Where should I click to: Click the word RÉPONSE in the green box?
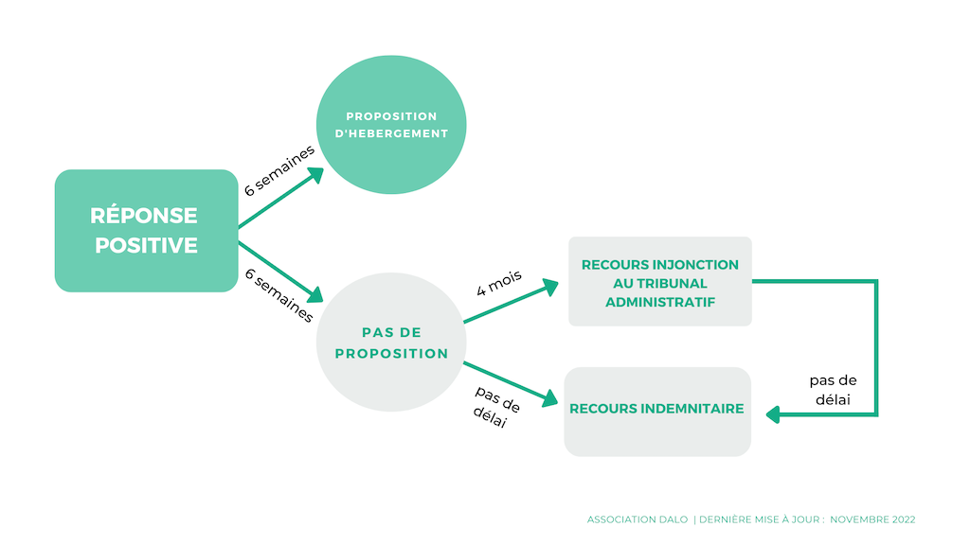[x=144, y=215]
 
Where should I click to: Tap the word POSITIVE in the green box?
[x=146, y=245]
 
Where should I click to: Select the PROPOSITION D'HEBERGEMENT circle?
[x=391, y=125]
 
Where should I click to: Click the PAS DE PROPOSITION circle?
[x=391, y=342]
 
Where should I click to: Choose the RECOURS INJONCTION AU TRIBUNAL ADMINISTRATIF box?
[x=660, y=281]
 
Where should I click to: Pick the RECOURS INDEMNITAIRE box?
[x=657, y=412]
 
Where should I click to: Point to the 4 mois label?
[x=499, y=283]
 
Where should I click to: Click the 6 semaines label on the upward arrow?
[x=279, y=170]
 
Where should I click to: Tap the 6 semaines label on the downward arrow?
[x=279, y=295]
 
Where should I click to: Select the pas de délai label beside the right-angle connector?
[x=833, y=390]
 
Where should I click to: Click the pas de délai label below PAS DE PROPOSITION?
[x=496, y=407]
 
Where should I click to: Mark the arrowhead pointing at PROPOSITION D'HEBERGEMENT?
[x=316, y=175]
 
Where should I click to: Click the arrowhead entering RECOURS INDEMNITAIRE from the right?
[x=773, y=414]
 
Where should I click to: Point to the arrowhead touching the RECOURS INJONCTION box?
[x=550, y=288]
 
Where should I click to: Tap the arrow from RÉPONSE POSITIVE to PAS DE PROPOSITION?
[x=280, y=272]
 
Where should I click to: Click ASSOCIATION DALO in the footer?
[x=638, y=519]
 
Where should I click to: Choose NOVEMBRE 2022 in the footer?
[x=872, y=519]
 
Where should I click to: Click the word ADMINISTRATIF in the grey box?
[x=660, y=302]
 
